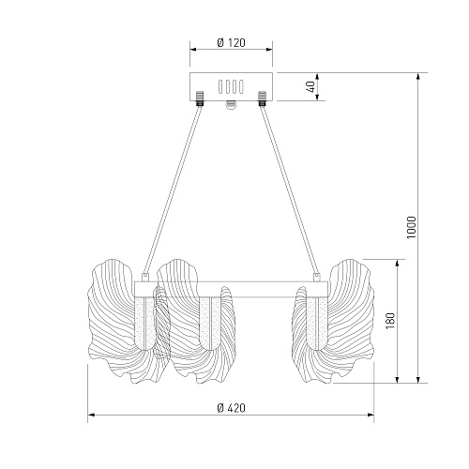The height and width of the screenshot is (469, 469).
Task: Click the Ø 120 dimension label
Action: click(x=231, y=42)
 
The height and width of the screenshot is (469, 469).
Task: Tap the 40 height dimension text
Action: click(x=311, y=86)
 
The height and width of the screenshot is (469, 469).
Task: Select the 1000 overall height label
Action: click(x=412, y=227)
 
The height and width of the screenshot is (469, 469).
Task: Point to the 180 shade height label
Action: click(x=390, y=321)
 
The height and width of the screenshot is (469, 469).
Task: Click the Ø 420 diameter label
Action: click(x=231, y=408)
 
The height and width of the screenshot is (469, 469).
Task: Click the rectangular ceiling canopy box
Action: click(x=231, y=87)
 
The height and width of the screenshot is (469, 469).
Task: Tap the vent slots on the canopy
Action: click(x=231, y=86)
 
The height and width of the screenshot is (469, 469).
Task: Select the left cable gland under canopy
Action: click(x=199, y=98)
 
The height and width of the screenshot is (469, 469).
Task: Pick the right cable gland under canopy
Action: click(x=262, y=98)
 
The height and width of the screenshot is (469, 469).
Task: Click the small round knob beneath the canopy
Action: click(x=231, y=105)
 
